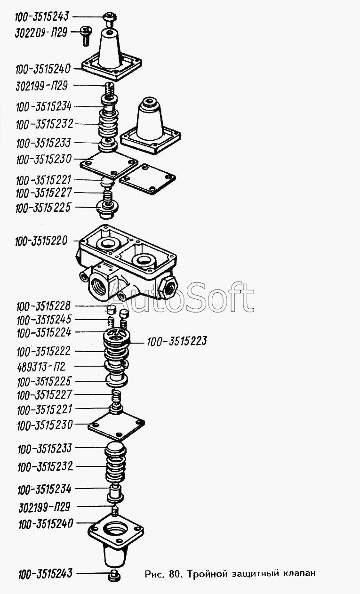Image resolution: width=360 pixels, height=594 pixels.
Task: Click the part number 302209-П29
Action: pyautogui.click(x=41, y=33)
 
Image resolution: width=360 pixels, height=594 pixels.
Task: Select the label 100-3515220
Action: pyautogui.click(x=41, y=241)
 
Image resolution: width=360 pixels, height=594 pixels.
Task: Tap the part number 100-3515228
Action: pyautogui.click(x=43, y=306)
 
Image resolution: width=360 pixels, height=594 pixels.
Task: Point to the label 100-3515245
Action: pyautogui.click(x=44, y=320)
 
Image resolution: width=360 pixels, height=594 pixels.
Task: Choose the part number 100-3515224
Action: pyautogui.click(x=44, y=333)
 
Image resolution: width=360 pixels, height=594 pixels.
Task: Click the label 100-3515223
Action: pyautogui.click(x=177, y=342)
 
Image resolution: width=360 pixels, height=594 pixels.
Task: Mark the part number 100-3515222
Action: pyautogui.click(x=44, y=352)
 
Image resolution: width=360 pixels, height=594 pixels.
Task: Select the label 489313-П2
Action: pyautogui.click(x=41, y=367)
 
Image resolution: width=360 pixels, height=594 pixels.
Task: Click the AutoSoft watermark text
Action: pyautogui.click(x=182, y=297)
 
